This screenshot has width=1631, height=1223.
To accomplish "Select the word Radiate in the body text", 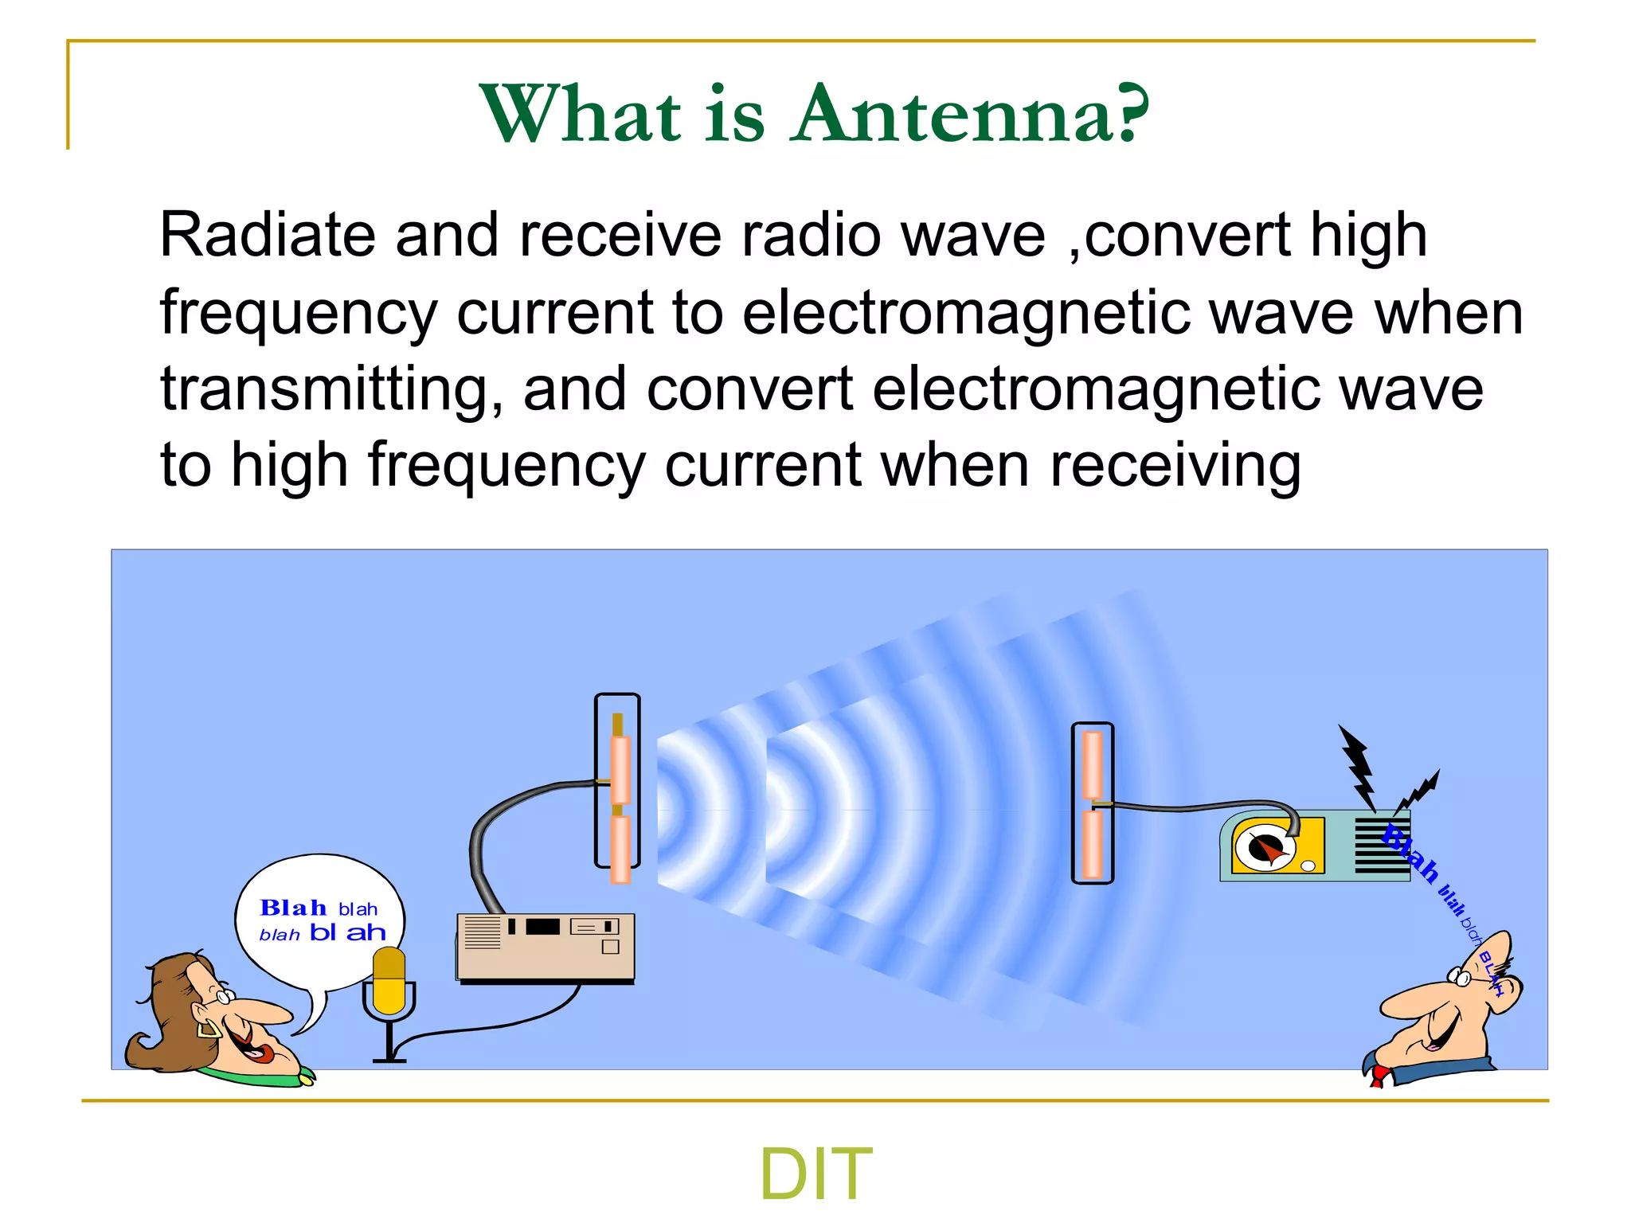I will point(267,236).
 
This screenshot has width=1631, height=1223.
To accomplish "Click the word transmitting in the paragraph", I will point(331,390).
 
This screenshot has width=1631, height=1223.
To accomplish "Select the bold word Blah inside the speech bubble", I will point(293,908).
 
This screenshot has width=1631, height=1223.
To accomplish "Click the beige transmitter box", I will point(546,948).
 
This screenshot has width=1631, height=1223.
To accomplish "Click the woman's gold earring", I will point(209,1028).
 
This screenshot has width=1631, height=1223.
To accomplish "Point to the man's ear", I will point(1501,987).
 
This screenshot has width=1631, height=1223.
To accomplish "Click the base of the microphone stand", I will point(389,1060).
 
